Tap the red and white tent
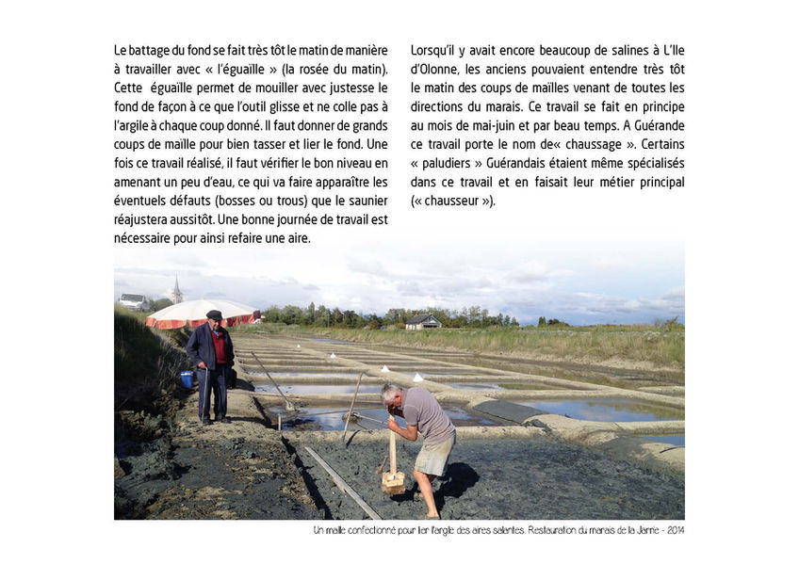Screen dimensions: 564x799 (202, 313)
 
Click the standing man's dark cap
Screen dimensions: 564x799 (214, 314)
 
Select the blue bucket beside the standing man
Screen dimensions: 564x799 (187, 379)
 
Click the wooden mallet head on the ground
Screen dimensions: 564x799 (393, 483)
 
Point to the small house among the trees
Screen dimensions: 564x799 (422, 322)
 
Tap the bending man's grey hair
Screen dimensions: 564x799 (391, 393)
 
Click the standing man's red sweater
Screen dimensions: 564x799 (220, 346)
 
